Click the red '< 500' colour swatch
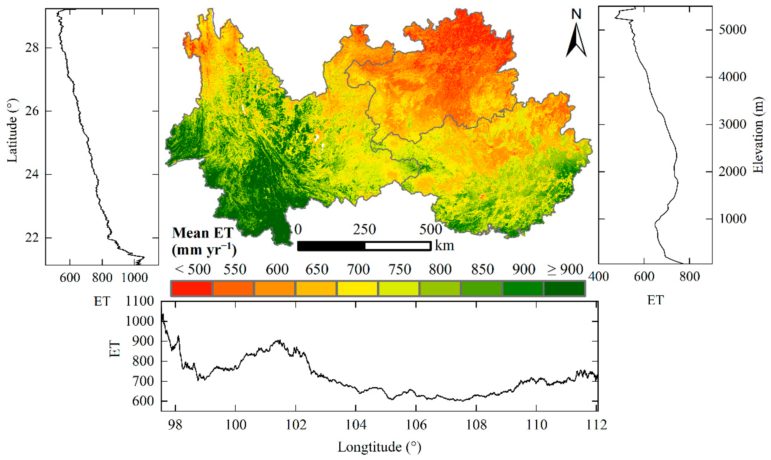coord(191,288)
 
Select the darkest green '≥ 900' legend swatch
coord(564,288)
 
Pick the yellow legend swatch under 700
coord(357,288)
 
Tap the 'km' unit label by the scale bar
coord(444,246)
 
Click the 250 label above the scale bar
coord(365,229)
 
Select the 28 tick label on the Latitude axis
coord(32,48)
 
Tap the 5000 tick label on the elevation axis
coord(732,30)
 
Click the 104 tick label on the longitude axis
coord(356,425)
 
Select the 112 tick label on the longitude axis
coord(596,425)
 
